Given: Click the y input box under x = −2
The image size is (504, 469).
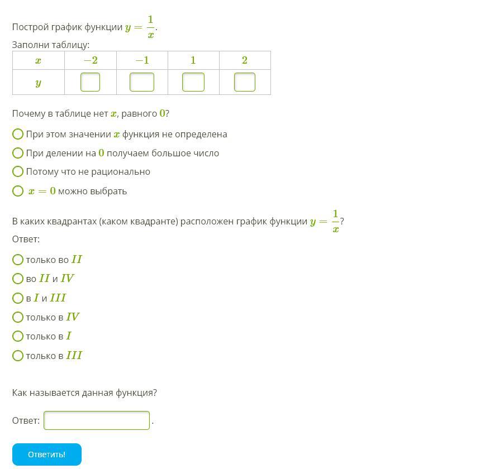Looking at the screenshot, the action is pos(91,82).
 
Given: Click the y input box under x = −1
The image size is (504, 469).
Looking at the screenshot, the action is pos(142,82).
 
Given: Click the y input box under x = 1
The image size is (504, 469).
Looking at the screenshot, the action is pos(193,82).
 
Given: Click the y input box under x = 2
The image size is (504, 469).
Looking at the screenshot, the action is pos(245,82).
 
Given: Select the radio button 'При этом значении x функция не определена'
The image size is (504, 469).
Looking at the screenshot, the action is pos(18,134).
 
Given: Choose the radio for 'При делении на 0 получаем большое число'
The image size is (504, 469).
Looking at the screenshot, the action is pos(18,153).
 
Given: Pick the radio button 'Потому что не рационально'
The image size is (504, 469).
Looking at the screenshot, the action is pos(18,171).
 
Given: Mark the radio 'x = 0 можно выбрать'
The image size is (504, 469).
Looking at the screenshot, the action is pos(18,191).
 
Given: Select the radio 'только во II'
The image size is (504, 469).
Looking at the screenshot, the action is pos(18,260).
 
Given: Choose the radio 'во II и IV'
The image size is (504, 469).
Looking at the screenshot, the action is pos(18,279).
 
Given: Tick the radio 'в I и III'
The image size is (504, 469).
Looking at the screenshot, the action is pos(18,298).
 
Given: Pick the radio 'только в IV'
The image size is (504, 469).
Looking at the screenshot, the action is pos(18,317).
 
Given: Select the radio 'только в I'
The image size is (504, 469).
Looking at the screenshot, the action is pos(18,336).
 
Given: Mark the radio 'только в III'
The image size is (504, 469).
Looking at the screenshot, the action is pos(18,356).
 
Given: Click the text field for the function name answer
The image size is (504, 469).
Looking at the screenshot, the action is pos(97,420).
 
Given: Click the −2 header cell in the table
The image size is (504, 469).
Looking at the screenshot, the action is pos(91,60).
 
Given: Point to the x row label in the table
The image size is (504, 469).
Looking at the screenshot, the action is pos(38,60).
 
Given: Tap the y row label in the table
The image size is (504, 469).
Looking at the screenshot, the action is pos(38,83).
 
